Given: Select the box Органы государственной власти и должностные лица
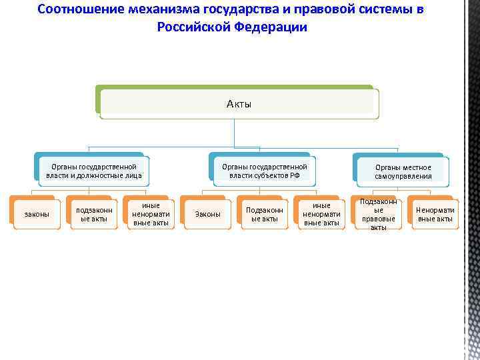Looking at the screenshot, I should click(x=93, y=171).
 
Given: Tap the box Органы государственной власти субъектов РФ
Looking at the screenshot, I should click(x=264, y=171).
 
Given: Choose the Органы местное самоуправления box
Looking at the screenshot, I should click(x=403, y=172).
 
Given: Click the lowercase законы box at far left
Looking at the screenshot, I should click(x=37, y=214).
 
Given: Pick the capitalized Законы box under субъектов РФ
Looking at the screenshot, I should click(x=207, y=214).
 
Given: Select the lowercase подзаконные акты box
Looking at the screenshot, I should click(x=94, y=214).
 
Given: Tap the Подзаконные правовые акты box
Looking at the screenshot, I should click(x=378, y=214).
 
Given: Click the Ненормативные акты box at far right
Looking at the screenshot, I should click(x=435, y=214).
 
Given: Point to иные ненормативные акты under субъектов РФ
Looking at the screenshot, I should click(x=321, y=214).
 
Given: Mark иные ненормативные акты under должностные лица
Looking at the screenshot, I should click(x=151, y=214).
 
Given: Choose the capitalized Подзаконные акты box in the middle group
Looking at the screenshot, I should click(x=265, y=214).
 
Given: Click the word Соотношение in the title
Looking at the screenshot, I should click(x=80, y=9).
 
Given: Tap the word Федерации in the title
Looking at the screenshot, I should click(x=271, y=27).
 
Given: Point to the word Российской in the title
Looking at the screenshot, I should click(x=193, y=27).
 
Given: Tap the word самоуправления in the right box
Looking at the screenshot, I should click(x=403, y=177).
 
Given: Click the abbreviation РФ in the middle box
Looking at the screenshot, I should click(x=294, y=175).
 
